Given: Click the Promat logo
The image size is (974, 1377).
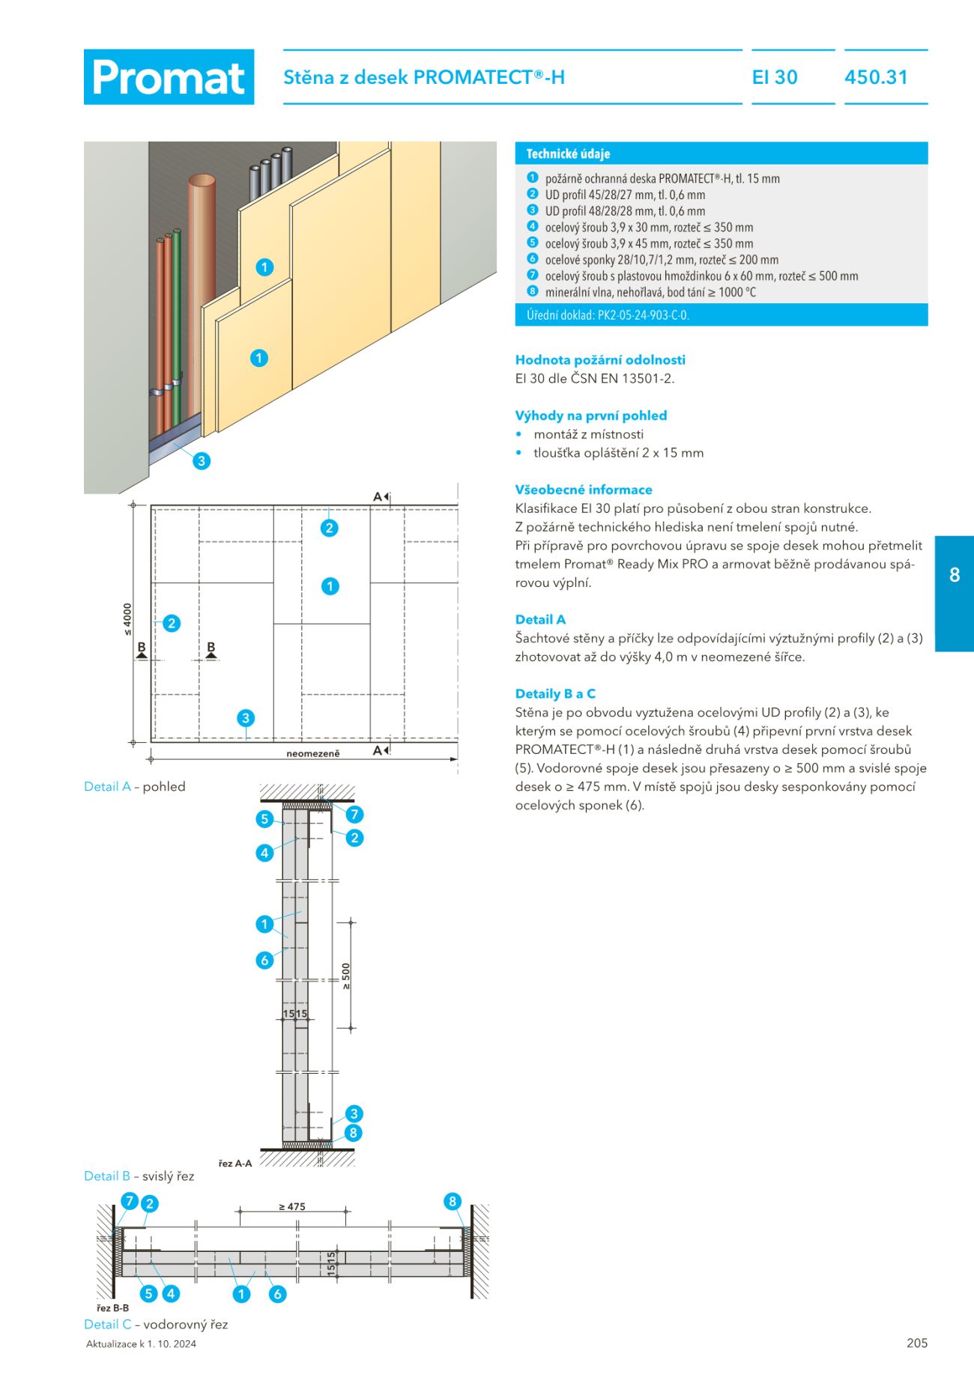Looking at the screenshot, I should coord(169,77).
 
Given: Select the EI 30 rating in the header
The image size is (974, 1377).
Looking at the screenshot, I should coord(775,77).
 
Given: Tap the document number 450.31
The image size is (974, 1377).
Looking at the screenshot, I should coord(876,77).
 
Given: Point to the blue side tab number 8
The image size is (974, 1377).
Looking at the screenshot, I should coord(955,575).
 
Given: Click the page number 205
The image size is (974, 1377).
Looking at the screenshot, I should coord(917,1343).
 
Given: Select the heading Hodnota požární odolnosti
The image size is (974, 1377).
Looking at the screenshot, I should coord(600,359).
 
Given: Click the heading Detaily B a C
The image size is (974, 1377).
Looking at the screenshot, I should coord(555,693).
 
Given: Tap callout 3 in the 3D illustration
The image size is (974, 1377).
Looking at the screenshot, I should coord(201,460).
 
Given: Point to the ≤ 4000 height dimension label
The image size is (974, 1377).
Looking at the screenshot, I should coord(127,620).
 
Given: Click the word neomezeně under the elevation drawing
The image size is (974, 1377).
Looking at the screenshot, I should coord(313,753).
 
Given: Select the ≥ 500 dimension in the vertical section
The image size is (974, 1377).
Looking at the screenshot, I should coord(345,976).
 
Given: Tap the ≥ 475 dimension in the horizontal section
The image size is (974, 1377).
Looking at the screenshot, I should coord(292,1206).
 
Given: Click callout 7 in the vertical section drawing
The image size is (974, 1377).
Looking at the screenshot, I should coord(354,814).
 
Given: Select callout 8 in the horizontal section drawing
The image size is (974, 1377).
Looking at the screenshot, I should coord(452,1201).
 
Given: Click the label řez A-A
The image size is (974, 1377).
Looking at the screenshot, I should coord(235,1163).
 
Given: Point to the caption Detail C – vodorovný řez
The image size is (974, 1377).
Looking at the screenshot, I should coord(156,1324).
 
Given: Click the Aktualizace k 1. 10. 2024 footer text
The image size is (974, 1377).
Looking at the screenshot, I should coord(141,1343).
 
